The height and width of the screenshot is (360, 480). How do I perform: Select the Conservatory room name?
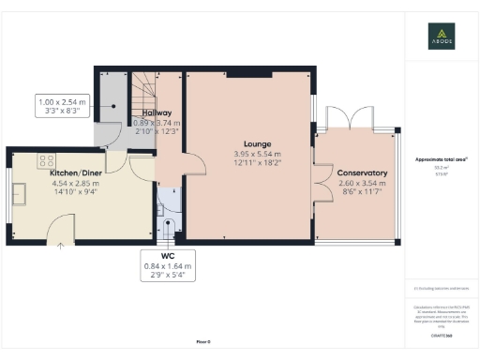coord(363,173)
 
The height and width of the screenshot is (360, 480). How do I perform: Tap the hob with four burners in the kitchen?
coord(45,159)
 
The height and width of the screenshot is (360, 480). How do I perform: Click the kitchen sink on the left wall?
coord(19,196)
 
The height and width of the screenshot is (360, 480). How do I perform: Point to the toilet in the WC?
coord(170,226)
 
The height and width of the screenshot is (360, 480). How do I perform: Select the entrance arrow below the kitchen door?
coord(62,246)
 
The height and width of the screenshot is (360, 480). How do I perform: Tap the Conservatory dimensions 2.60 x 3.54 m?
coord(363,185)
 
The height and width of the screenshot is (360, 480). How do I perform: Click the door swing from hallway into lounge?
coord(195,165)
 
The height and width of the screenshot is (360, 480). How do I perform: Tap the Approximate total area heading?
coord(442,160)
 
